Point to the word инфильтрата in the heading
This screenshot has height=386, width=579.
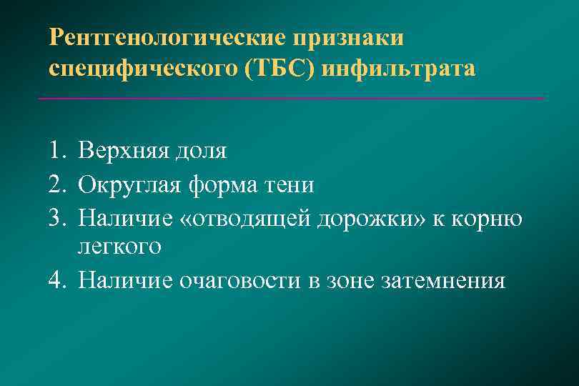[398, 69]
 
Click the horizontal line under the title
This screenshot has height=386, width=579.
[289, 98]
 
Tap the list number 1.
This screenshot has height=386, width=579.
[58, 151]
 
